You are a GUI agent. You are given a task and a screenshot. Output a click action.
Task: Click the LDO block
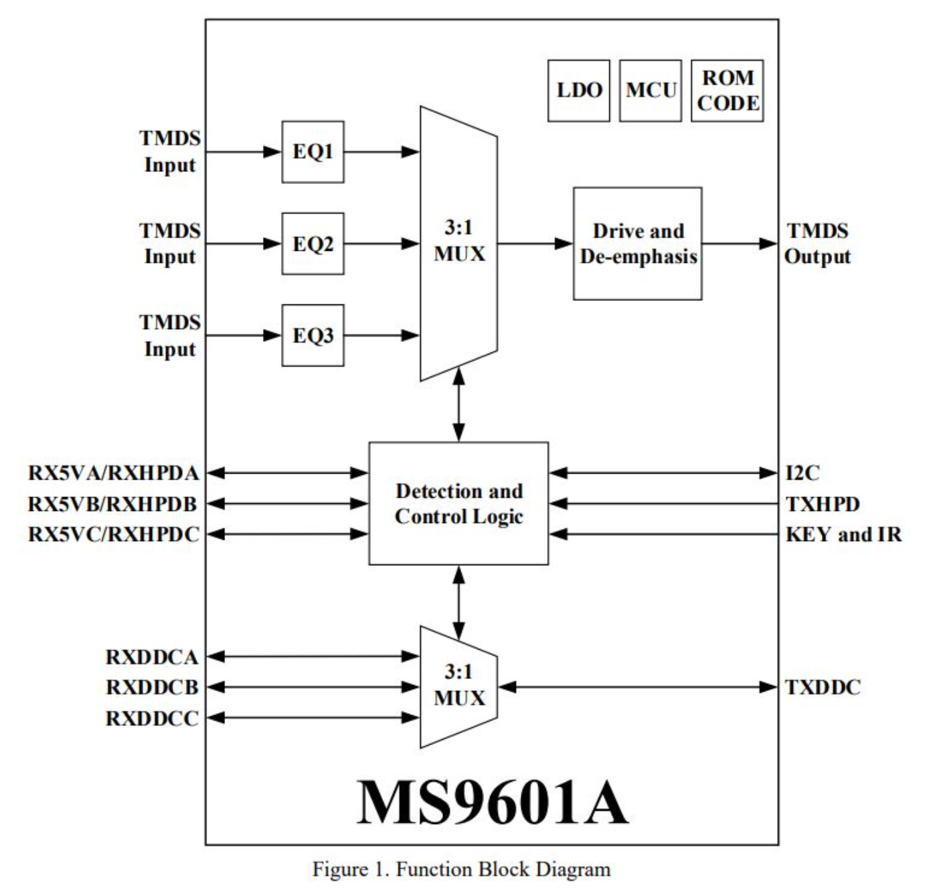tap(578, 90)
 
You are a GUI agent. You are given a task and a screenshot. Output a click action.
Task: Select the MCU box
tap(650, 90)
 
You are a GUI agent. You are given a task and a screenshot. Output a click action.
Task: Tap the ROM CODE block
tap(727, 90)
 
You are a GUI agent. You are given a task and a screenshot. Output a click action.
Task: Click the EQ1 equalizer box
tap(313, 152)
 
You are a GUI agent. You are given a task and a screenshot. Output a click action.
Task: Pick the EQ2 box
tap(313, 243)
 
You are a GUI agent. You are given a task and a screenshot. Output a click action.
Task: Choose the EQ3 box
tap(313, 335)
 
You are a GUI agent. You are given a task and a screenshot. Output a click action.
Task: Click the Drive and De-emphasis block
tap(637, 243)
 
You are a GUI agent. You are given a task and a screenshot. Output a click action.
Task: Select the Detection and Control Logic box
tap(458, 503)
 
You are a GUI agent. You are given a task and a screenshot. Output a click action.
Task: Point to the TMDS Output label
tap(817, 243)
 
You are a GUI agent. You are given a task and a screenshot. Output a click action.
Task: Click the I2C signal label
tap(802, 473)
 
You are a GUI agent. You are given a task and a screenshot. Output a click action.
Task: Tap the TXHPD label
tap(823, 504)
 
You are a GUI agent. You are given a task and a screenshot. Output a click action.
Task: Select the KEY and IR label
tap(843, 534)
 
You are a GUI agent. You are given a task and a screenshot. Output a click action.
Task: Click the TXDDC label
tap(823, 687)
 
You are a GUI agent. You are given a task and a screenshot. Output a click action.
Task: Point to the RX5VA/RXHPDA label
tap(114, 473)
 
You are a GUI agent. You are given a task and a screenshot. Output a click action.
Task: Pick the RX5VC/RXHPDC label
tap(114, 534)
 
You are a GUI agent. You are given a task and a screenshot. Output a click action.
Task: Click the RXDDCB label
tap(152, 687)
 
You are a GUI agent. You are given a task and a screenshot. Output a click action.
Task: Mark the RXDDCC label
tap(152, 718)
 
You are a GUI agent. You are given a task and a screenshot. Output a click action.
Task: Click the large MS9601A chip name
tap(492, 802)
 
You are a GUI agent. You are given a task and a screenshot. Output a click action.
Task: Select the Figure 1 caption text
tap(461, 869)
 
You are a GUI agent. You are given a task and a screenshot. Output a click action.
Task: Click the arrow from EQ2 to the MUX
tap(381, 243)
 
